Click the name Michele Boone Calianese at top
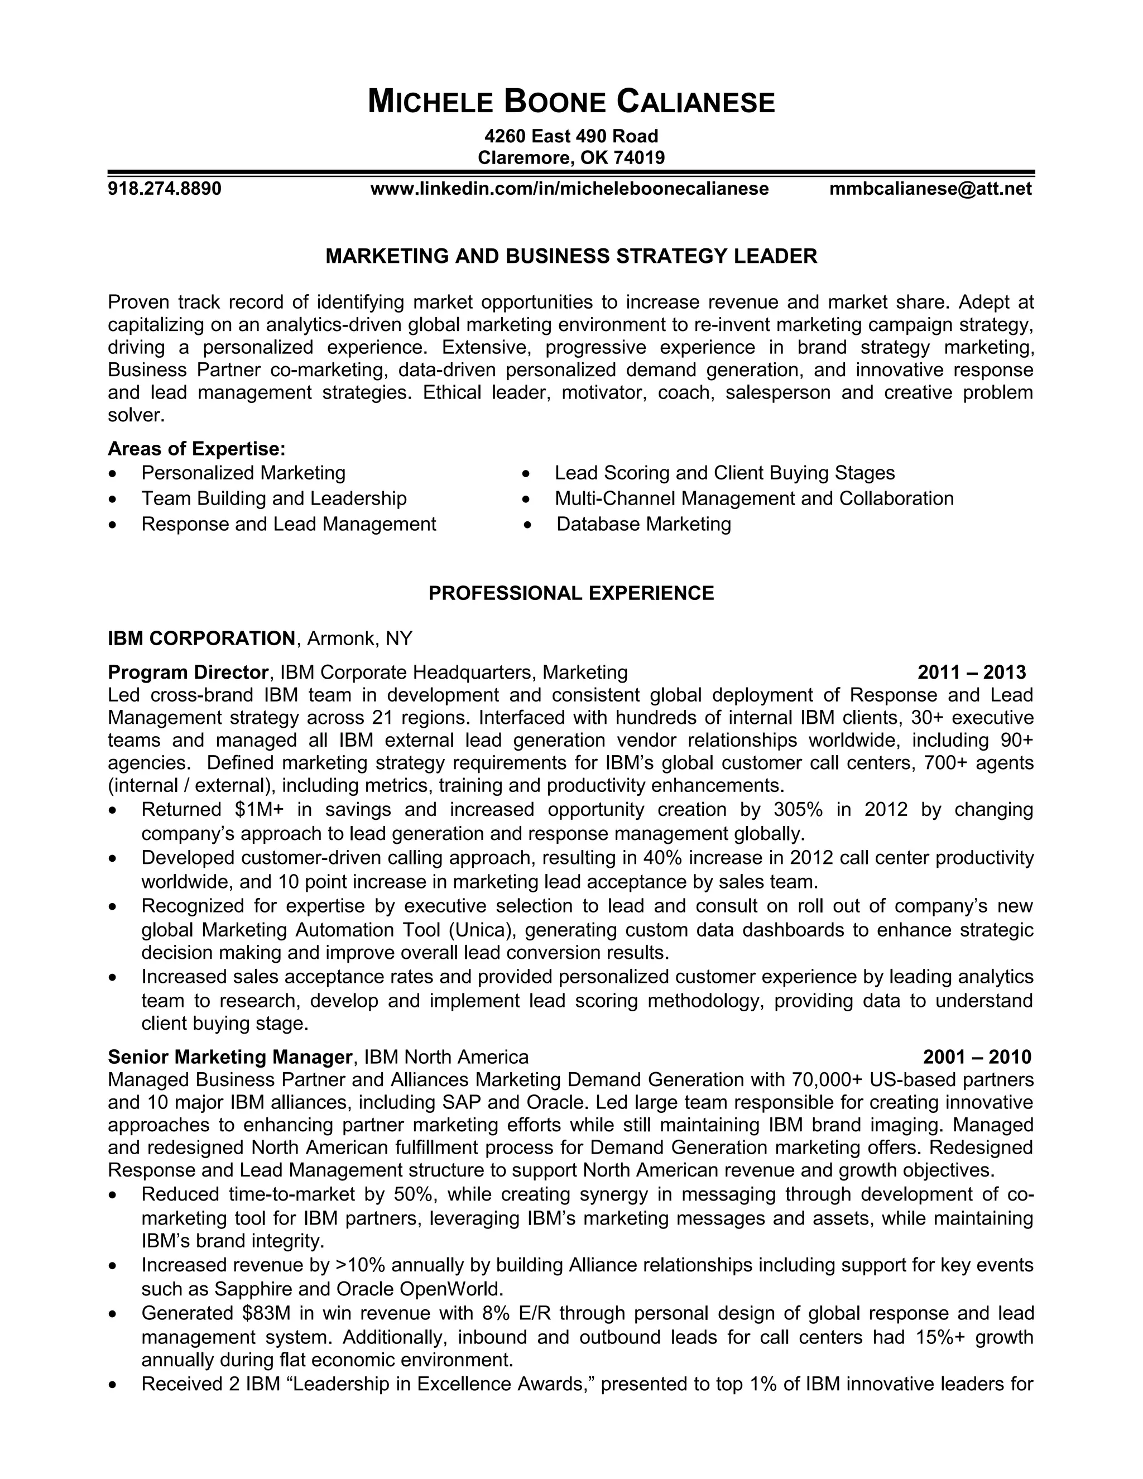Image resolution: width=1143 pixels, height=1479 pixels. click(571, 102)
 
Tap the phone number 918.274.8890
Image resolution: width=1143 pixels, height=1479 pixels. click(165, 188)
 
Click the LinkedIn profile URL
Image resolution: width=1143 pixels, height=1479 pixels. click(569, 188)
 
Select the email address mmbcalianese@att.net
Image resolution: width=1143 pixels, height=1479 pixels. click(930, 188)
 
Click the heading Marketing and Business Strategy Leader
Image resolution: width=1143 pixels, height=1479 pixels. click(571, 256)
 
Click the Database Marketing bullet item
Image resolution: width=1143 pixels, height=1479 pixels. click(643, 524)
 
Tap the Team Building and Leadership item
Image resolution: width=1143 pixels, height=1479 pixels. click(273, 498)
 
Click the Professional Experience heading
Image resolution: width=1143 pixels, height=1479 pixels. click(571, 593)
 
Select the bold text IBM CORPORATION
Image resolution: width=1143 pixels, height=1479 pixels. click(201, 638)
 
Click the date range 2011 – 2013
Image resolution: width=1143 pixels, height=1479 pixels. click(971, 673)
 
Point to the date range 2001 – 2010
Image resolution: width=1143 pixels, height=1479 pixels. click(977, 1057)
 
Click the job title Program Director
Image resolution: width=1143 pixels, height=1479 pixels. click(188, 673)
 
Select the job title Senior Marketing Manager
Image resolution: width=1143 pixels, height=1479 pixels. click(230, 1057)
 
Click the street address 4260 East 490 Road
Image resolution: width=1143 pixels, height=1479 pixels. click(571, 136)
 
